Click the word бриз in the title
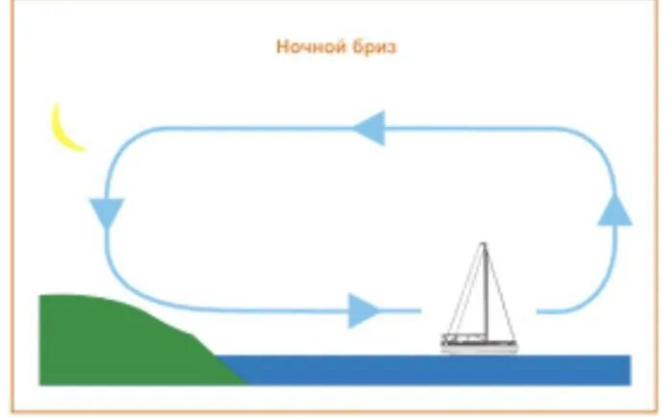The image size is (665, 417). pyautogui.click(x=373, y=47)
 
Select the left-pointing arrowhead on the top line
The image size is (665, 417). pyautogui.click(x=368, y=128)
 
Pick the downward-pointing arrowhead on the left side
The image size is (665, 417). pyautogui.click(x=106, y=211)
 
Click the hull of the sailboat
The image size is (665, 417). pyautogui.click(x=479, y=343)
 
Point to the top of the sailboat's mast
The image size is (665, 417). pyautogui.click(x=484, y=245)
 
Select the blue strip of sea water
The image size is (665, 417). pyautogui.click(x=432, y=369)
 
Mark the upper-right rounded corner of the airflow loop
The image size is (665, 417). pyautogui.click(x=601, y=143)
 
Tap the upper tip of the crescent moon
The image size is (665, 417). pyautogui.click(x=58, y=105)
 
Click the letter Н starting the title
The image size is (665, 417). pyautogui.click(x=282, y=47)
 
